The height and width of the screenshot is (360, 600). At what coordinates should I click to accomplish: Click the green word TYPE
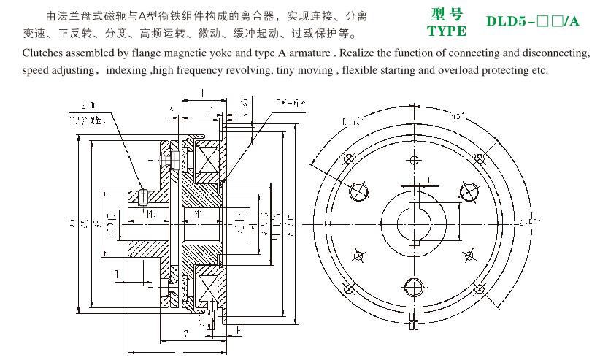[446, 31]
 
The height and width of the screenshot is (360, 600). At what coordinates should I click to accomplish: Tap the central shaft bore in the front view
[413, 218]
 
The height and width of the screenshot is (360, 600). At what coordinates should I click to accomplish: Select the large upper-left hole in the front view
[360, 191]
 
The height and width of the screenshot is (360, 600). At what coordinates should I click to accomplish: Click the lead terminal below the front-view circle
[414, 318]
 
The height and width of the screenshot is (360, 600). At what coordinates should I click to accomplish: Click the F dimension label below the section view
[240, 330]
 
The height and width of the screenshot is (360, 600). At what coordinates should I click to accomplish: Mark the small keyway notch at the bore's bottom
[413, 242]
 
